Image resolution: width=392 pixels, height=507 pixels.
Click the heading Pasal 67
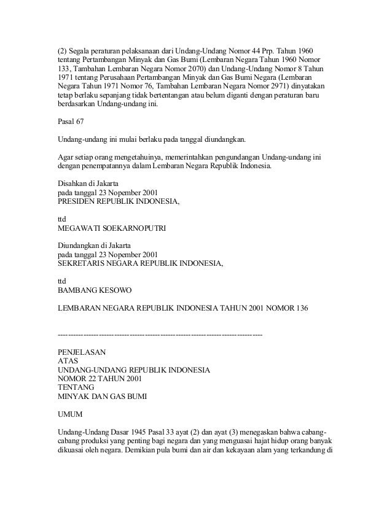point(71,121)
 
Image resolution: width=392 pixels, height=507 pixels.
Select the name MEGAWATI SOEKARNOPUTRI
point(111,227)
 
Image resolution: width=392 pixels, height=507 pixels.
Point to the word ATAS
point(67,362)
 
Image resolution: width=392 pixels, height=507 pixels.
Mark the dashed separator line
point(160,335)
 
